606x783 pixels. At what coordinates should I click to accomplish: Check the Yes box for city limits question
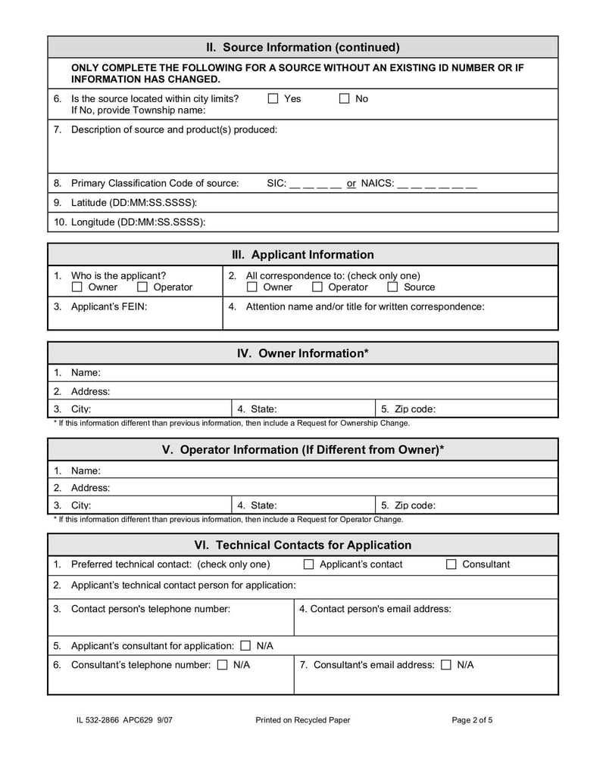pyautogui.click(x=273, y=98)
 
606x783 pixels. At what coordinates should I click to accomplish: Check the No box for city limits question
pyautogui.click(x=345, y=98)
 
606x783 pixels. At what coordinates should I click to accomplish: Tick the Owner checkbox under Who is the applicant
pyautogui.click(x=77, y=287)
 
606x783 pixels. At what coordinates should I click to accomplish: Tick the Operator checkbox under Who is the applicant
pyautogui.click(x=142, y=287)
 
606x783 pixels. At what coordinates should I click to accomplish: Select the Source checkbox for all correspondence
pyautogui.click(x=392, y=287)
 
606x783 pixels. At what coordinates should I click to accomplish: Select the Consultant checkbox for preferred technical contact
pyautogui.click(x=451, y=564)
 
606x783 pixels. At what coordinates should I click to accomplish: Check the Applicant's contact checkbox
pyautogui.click(x=309, y=564)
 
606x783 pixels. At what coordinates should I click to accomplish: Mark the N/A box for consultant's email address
pyautogui.click(x=446, y=665)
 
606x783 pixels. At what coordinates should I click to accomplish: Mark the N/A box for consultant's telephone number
pyautogui.click(x=223, y=665)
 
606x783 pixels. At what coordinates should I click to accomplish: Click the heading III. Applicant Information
pyautogui.click(x=303, y=255)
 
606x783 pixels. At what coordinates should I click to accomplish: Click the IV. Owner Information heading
pyautogui.click(x=303, y=353)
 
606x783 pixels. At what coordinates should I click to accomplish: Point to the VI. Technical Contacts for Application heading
pyautogui.click(x=303, y=545)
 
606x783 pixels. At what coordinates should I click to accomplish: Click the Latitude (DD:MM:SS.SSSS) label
pyautogui.click(x=134, y=203)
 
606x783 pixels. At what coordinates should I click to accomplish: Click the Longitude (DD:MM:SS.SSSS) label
pyautogui.click(x=138, y=222)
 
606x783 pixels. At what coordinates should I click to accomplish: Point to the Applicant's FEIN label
pyautogui.click(x=109, y=306)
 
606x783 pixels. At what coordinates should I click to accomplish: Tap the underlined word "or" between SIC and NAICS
pyautogui.click(x=351, y=183)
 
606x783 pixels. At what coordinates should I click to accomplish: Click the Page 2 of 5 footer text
pyautogui.click(x=472, y=720)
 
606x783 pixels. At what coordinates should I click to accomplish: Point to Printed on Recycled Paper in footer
pyautogui.click(x=303, y=720)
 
